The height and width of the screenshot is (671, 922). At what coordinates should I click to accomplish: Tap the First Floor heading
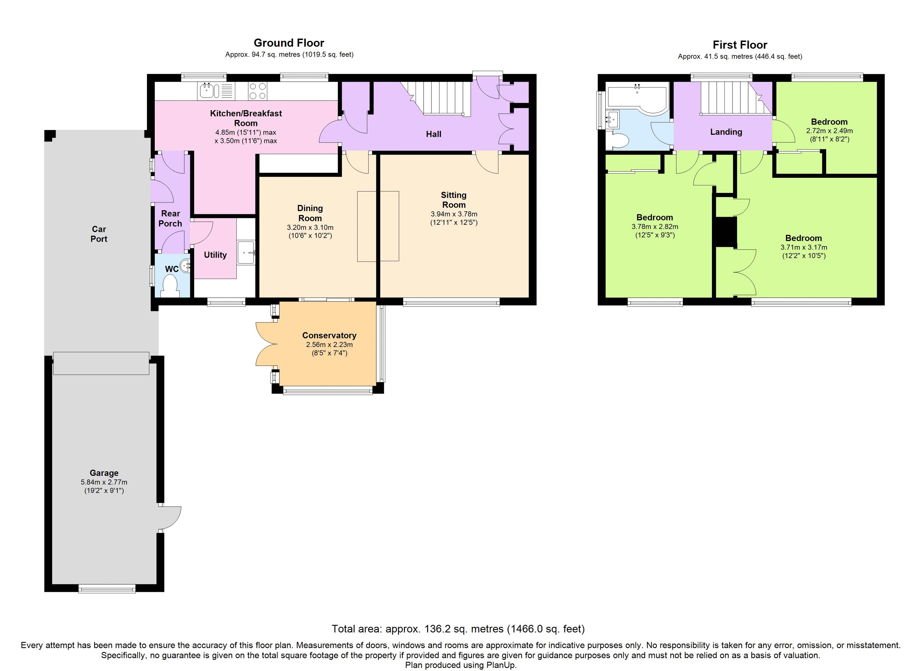(740, 45)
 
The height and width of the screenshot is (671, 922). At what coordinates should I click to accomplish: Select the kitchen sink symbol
(210, 91)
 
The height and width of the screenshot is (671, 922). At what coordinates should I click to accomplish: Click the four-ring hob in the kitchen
(257, 91)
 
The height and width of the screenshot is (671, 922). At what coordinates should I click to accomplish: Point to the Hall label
(433, 134)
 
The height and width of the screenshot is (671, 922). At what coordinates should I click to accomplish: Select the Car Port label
(99, 234)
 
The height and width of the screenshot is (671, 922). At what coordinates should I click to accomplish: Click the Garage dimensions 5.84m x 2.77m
(104, 482)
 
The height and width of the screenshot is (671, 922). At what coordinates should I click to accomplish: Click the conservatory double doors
(266, 344)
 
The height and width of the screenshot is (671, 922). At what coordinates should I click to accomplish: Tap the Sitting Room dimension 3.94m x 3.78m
(454, 214)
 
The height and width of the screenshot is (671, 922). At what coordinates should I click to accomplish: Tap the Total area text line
(458, 629)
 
